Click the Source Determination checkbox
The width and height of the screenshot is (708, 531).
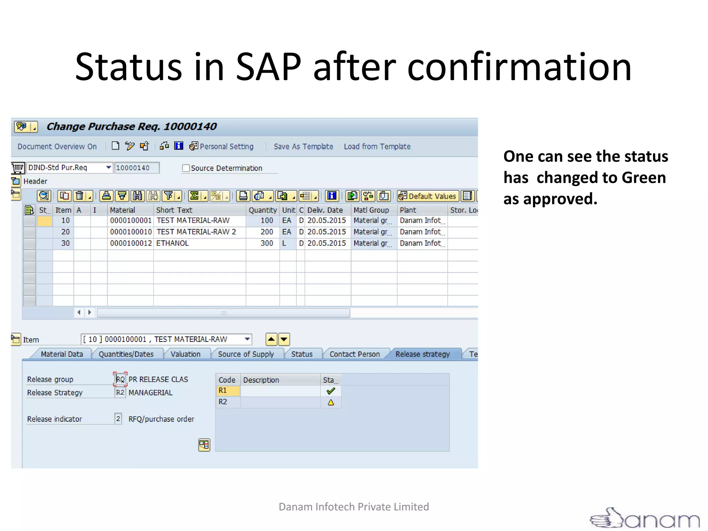186,168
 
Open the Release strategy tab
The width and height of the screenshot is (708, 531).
422,354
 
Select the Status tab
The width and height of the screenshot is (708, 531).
301,354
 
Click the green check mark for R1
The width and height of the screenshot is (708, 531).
330,391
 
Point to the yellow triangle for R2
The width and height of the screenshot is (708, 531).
330,402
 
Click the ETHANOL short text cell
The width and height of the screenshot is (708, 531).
173,243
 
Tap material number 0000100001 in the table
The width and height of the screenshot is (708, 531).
131,220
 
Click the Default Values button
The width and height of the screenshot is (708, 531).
428,196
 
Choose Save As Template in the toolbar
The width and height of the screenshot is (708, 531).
303,147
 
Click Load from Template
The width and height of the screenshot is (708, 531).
377,147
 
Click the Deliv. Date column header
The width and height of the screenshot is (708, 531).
325,210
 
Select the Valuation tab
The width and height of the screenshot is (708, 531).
185,354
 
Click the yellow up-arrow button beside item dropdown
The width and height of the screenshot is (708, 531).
271,339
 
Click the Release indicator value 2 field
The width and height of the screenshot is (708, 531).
118,419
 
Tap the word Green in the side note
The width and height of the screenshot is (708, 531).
643,178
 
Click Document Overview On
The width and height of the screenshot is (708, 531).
57,147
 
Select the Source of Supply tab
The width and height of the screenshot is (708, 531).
246,354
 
